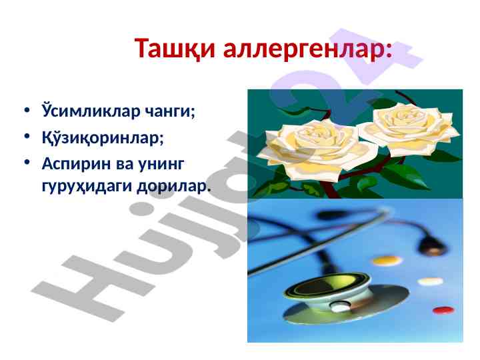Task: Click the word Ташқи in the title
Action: [x=175, y=49]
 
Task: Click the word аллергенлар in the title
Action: [x=304, y=49]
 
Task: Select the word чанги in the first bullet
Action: [x=168, y=111]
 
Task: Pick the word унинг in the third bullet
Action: [x=161, y=165]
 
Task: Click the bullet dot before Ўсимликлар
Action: [x=27, y=109]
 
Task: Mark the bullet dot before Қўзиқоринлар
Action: [x=27, y=136]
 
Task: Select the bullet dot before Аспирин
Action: [x=27, y=162]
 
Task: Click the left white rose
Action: [x=319, y=149]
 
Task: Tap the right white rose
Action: [x=409, y=129]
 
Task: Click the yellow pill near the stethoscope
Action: [x=387, y=261]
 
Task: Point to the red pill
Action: [x=443, y=310]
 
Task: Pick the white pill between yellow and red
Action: [x=430, y=281]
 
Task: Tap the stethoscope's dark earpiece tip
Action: [x=432, y=244]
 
